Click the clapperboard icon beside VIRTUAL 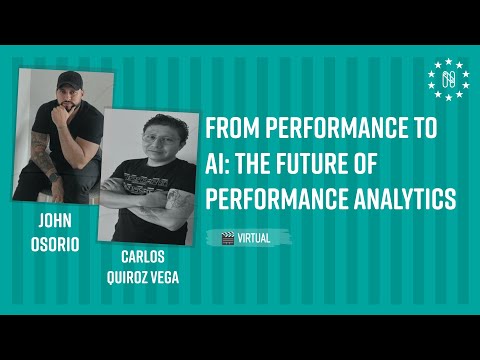(228, 237)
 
